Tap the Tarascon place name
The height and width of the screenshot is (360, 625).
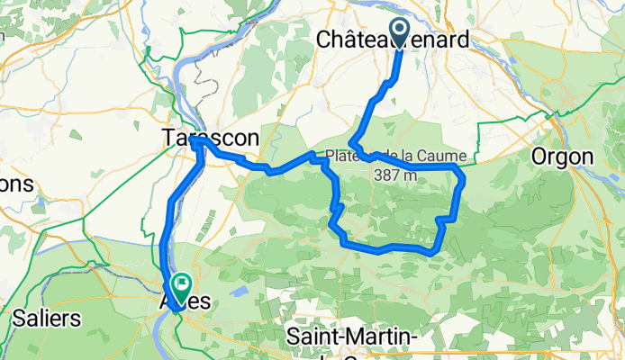[x=211, y=139]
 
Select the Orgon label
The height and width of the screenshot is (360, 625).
[x=562, y=157]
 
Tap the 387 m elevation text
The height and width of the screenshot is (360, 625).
[x=396, y=175]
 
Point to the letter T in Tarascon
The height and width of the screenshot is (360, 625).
[x=168, y=139]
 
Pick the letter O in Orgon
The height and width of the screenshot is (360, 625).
[x=538, y=157]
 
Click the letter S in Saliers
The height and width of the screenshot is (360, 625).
[x=19, y=318]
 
